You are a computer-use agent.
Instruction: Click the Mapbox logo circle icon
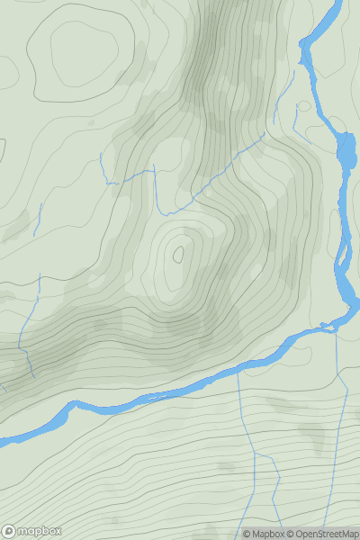tap(10, 531)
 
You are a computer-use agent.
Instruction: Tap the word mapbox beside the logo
tap(39, 531)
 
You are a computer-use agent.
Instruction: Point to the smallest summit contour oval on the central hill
tap(178, 254)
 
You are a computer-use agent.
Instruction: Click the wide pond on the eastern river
tap(346, 152)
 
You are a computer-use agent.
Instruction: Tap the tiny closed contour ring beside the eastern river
tap(304, 106)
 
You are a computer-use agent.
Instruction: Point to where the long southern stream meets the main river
tap(238, 370)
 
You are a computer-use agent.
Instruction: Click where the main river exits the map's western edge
tap(2, 441)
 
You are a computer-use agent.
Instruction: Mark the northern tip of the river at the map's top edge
tap(340, 3)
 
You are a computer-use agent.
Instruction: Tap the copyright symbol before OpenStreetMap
tap(292, 534)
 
